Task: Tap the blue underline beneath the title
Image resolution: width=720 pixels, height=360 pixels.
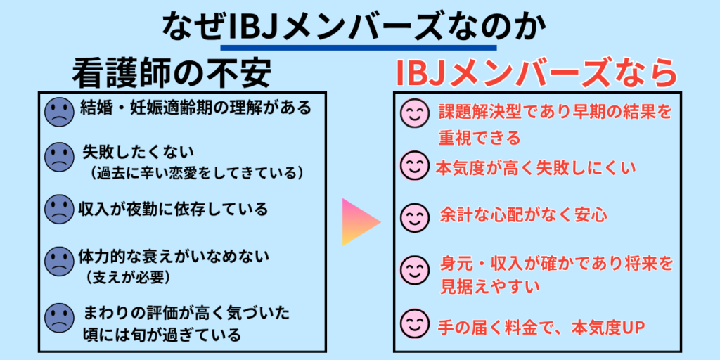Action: coord(358,47)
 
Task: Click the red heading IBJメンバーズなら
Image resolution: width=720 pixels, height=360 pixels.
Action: coord(536,73)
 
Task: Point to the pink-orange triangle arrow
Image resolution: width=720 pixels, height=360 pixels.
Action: coord(361,222)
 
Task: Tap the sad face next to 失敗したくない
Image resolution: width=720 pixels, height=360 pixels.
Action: coord(59,157)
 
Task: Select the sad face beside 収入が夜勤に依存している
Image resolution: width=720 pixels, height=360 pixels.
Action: coord(59,210)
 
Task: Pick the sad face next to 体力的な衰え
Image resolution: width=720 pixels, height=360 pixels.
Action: coord(59,262)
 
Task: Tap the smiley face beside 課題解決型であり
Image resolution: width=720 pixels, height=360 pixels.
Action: coord(415,112)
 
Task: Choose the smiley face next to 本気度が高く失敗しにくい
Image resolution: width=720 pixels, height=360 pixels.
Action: coord(415,165)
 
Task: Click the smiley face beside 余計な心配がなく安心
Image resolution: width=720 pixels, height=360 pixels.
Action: coord(415,217)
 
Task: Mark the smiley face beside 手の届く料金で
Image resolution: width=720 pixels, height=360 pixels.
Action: coord(415,323)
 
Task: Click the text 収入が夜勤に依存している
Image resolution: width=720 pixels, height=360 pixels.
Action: coord(173,209)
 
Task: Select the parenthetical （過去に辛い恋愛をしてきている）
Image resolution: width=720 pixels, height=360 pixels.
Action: coord(195,173)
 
